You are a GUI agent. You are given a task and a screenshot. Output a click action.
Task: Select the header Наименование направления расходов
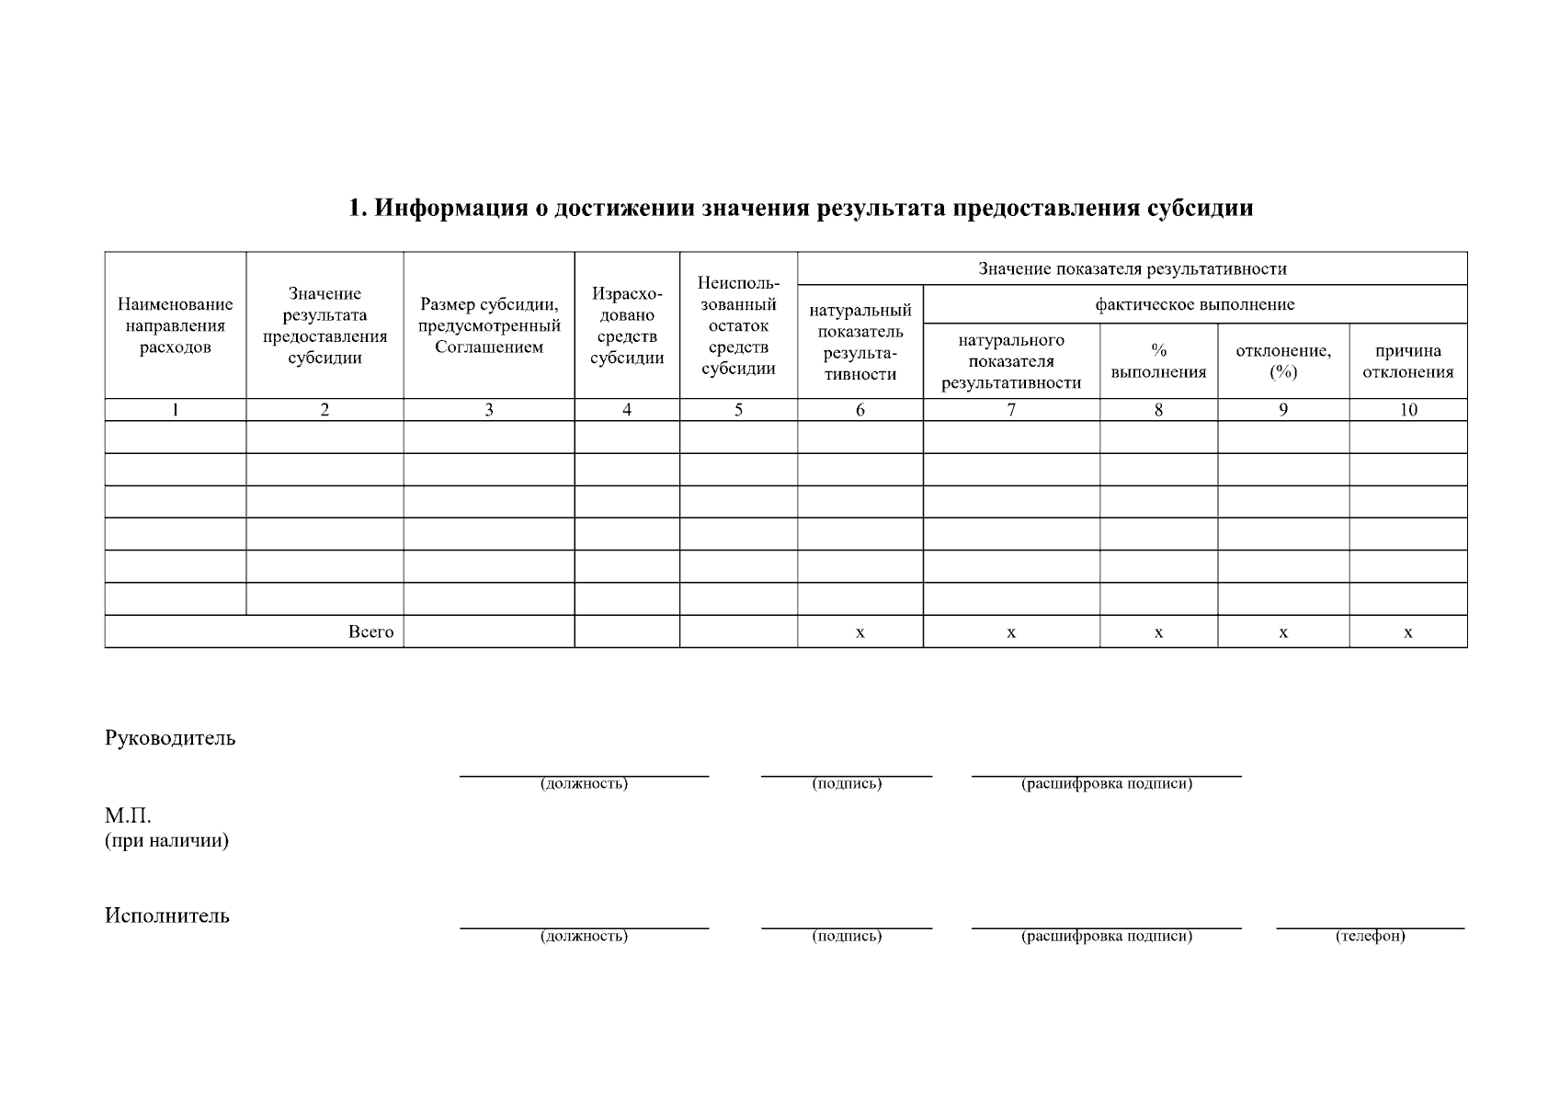coord(175,325)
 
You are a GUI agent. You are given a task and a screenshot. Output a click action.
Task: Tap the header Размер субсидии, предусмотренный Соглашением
coord(488,325)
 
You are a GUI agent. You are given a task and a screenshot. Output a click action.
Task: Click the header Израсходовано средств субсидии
coord(626,325)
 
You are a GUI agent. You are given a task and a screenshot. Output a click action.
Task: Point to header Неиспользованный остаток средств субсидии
coord(738,325)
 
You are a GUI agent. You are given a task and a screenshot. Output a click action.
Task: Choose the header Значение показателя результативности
coord(1132,268)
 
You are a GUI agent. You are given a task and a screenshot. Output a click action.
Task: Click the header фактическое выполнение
coord(1194,304)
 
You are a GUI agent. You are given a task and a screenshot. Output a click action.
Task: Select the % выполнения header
coord(1158,361)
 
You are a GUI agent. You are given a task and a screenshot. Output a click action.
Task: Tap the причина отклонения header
coord(1407,361)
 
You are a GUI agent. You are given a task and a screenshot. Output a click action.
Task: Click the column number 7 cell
coord(1010,410)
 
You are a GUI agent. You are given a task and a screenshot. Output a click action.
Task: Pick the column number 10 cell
coord(1407,410)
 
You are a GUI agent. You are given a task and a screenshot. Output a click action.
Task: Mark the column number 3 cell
coord(488,410)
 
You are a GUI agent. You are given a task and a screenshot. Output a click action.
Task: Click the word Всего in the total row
coord(370,631)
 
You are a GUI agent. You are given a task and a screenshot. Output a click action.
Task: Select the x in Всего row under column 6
coord(860,632)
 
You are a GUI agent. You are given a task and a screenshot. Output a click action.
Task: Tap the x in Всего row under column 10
coord(1407,632)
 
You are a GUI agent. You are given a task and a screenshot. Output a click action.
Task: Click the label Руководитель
coord(170,738)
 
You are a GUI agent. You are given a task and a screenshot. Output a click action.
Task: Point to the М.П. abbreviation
coord(128,816)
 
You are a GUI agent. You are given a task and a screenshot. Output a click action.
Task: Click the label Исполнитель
coord(167,915)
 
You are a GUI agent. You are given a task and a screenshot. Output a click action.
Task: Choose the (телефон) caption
coord(1370,936)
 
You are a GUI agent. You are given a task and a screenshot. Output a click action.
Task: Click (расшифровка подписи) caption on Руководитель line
coord(1106,784)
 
